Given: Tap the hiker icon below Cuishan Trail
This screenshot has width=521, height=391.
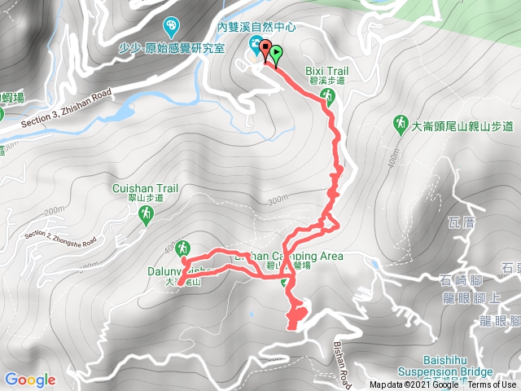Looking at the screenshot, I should point(146,213).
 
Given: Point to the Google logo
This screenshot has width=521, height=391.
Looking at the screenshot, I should point(29,380).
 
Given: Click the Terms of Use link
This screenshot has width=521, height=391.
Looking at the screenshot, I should point(491,385).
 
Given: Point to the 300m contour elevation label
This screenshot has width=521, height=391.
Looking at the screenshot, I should point(277,200).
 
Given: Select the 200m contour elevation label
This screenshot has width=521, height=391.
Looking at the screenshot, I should point(54,212).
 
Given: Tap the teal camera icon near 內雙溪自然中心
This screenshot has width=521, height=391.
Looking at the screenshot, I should point(256,46).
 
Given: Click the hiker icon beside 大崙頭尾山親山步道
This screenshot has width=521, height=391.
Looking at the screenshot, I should point(401,125).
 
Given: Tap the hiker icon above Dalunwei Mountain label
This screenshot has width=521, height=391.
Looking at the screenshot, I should point(182,246).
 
